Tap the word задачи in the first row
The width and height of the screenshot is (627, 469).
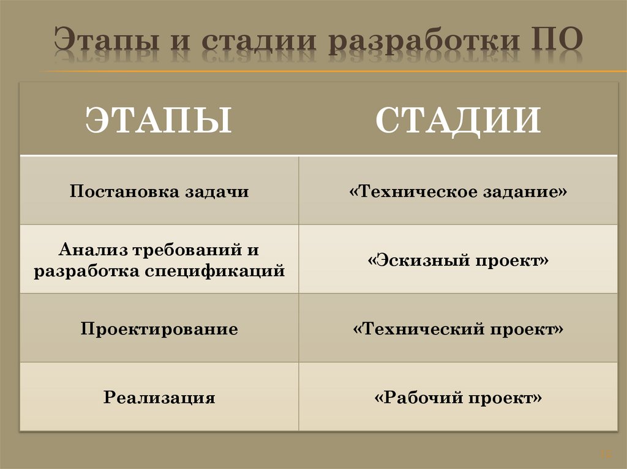(216, 191)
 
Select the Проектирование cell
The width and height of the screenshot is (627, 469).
(159, 330)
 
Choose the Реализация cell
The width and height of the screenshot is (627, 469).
(159, 398)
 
